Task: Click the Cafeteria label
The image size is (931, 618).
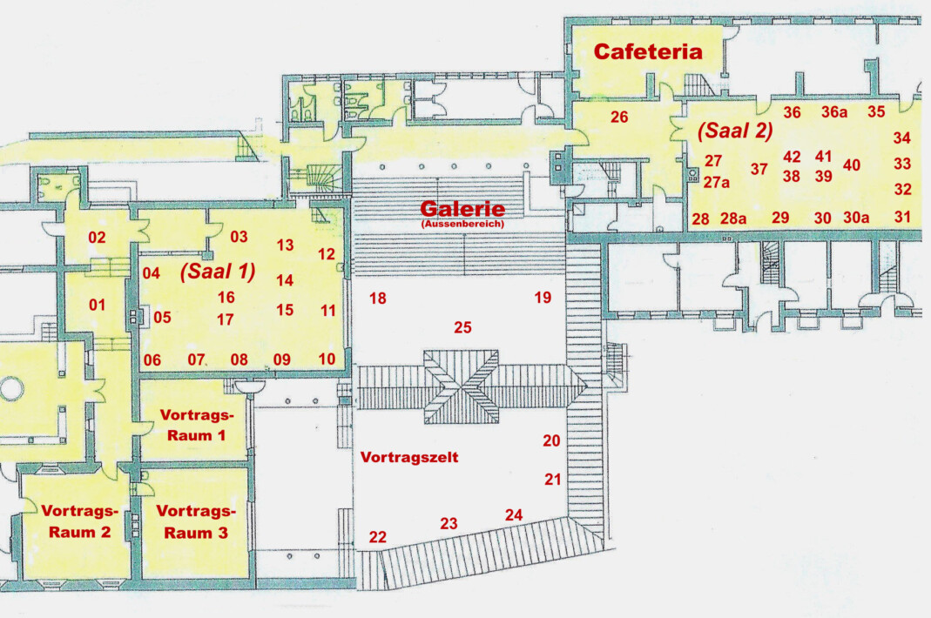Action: tap(648, 51)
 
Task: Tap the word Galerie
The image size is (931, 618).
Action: tap(462, 208)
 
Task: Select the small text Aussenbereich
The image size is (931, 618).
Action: tap(462, 225)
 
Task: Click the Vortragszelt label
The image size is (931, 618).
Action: tap(409, 457)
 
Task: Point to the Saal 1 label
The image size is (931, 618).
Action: tap(218, 272)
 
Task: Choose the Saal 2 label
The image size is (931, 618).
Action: tap(735, 131)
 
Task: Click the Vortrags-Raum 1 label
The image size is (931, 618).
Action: tap(197, 425)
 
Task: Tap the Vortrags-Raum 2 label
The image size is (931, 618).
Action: tap(79, 521)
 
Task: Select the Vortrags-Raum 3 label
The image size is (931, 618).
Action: tap(196, 522)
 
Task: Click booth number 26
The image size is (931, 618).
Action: tap(619, 117)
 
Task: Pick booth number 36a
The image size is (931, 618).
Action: tap(834, 111)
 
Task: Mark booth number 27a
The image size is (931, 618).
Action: tap(717, 182)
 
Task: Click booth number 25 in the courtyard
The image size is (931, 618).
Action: tap(462, 327)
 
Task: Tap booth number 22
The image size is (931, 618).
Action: tap(378, 537)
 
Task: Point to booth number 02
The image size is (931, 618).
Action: tap(97, 238)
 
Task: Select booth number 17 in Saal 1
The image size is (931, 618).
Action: tap(225, 319)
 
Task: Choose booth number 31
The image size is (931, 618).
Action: tap(902, 217)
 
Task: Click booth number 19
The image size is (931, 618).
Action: tap(543, 298)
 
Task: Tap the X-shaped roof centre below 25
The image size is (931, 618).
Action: tap(462, 386)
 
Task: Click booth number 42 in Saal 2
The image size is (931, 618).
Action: tap(792, 157)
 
